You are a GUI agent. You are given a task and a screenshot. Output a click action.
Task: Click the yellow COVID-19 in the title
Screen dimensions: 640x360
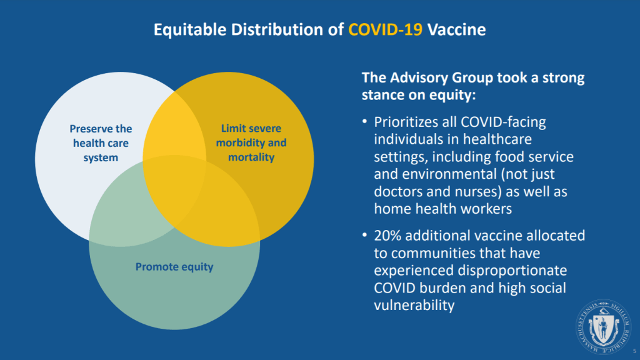click(385, 29)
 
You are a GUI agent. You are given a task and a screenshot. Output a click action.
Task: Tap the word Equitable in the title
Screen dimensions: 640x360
click(190, 30)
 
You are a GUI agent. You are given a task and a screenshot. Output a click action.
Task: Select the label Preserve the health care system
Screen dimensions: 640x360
click(101, 143)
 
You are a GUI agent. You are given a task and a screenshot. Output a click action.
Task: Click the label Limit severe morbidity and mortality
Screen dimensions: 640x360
click(251, 142)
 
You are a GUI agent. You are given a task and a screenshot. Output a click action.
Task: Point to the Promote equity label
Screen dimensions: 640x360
click(174, 267)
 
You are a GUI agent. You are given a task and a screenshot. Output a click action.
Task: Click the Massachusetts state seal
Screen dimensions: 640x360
click(603, 326)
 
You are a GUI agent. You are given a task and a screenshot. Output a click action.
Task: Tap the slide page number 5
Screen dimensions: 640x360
click(635, 351)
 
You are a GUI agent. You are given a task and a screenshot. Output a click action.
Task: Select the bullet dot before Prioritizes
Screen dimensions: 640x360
click(364, 121)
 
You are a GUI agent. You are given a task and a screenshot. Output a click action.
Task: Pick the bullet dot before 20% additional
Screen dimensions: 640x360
click(364, 235)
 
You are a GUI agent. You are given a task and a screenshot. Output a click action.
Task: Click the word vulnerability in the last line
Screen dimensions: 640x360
click(414, 305)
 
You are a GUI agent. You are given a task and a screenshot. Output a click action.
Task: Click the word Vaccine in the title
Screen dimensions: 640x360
click(456, 29)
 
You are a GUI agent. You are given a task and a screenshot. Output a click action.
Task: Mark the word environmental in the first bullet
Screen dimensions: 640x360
click(449, 174)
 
